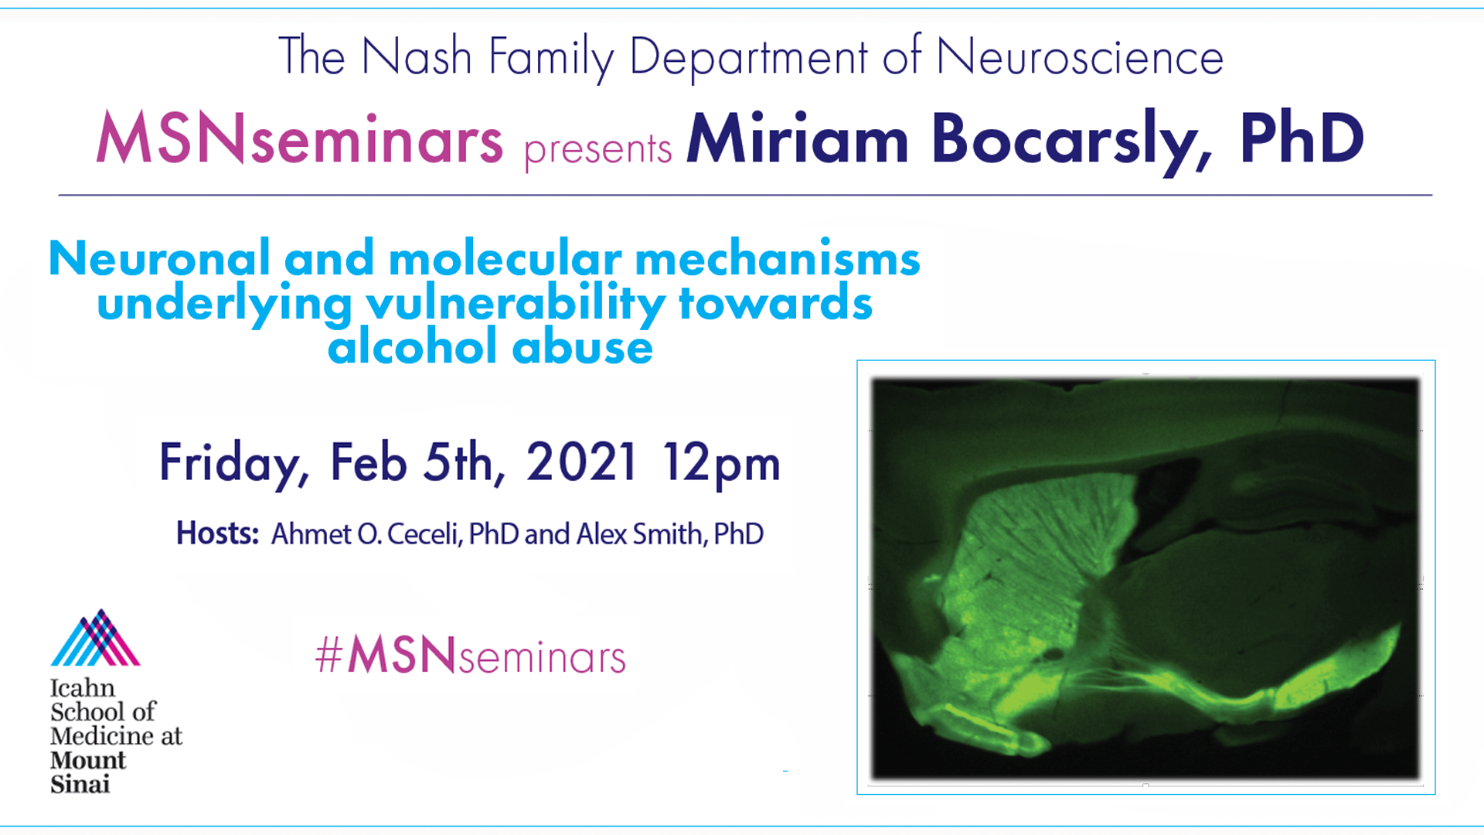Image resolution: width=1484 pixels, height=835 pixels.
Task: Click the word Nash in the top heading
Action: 417,57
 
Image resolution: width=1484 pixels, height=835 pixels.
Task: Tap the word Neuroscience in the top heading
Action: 1080,57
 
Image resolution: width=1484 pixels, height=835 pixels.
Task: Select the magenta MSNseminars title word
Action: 300,139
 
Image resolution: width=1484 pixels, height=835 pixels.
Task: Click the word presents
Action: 597,149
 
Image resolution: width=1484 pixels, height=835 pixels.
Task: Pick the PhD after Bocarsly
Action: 1302,138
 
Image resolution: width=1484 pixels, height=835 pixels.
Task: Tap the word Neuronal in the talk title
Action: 159,258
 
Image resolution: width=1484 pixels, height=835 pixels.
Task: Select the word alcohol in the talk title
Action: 412,346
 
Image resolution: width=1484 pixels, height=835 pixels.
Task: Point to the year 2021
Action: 582,462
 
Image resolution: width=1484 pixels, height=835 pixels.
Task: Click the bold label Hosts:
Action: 217,533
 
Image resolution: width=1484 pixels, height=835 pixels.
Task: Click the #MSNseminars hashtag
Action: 471,656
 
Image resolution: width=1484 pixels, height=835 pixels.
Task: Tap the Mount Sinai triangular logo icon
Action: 95,638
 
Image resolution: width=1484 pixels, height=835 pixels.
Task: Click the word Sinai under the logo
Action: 80,784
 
